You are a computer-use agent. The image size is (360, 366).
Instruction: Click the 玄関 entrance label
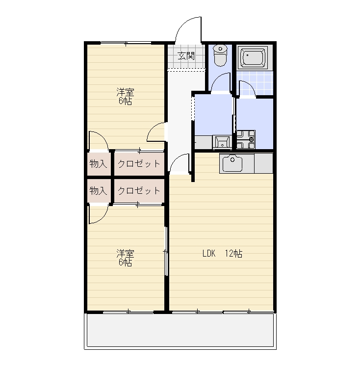(x=186, y=56)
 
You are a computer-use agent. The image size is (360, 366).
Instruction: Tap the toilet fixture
(x=220, y=55)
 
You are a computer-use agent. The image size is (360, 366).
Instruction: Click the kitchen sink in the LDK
(x=232, y=163)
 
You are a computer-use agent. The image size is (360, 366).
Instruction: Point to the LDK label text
(x=209, y=253)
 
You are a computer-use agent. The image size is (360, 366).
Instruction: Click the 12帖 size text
(x=233, y=253)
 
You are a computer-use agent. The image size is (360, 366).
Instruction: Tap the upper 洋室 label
(x=125, y=92)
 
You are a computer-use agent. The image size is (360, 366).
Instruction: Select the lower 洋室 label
(x=125, y=253)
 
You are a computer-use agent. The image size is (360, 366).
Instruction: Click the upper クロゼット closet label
(x=139, y=164)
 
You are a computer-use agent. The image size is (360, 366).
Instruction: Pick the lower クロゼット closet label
(x=139, y=191)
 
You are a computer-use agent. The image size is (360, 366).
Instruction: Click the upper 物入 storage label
(x=98, y=164)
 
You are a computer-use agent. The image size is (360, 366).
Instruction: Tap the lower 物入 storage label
(x=98, y=191)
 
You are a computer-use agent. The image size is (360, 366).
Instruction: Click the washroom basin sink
(x=222, y=142)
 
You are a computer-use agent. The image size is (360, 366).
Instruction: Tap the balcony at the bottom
(x=180, y=330)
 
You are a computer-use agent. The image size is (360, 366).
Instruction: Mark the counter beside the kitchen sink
(x=263, y=163)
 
